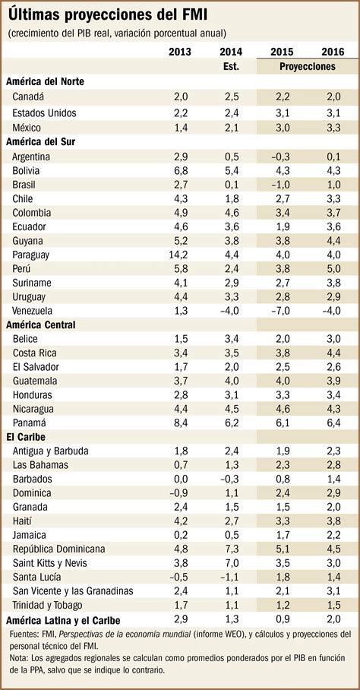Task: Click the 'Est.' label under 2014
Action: pyautogui.click(x=232, y=66)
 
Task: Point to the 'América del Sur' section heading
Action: pyautogui.click(x=43, y=141)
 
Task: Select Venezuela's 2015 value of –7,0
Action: pyautogui.click(x=281, y=309)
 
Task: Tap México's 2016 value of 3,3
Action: pyautogui.click(x=333, y=127)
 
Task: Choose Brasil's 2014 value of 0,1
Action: pyautogui.click(x=232, y=185)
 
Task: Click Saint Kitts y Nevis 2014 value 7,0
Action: pyautogui.click(x=232, y=563)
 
